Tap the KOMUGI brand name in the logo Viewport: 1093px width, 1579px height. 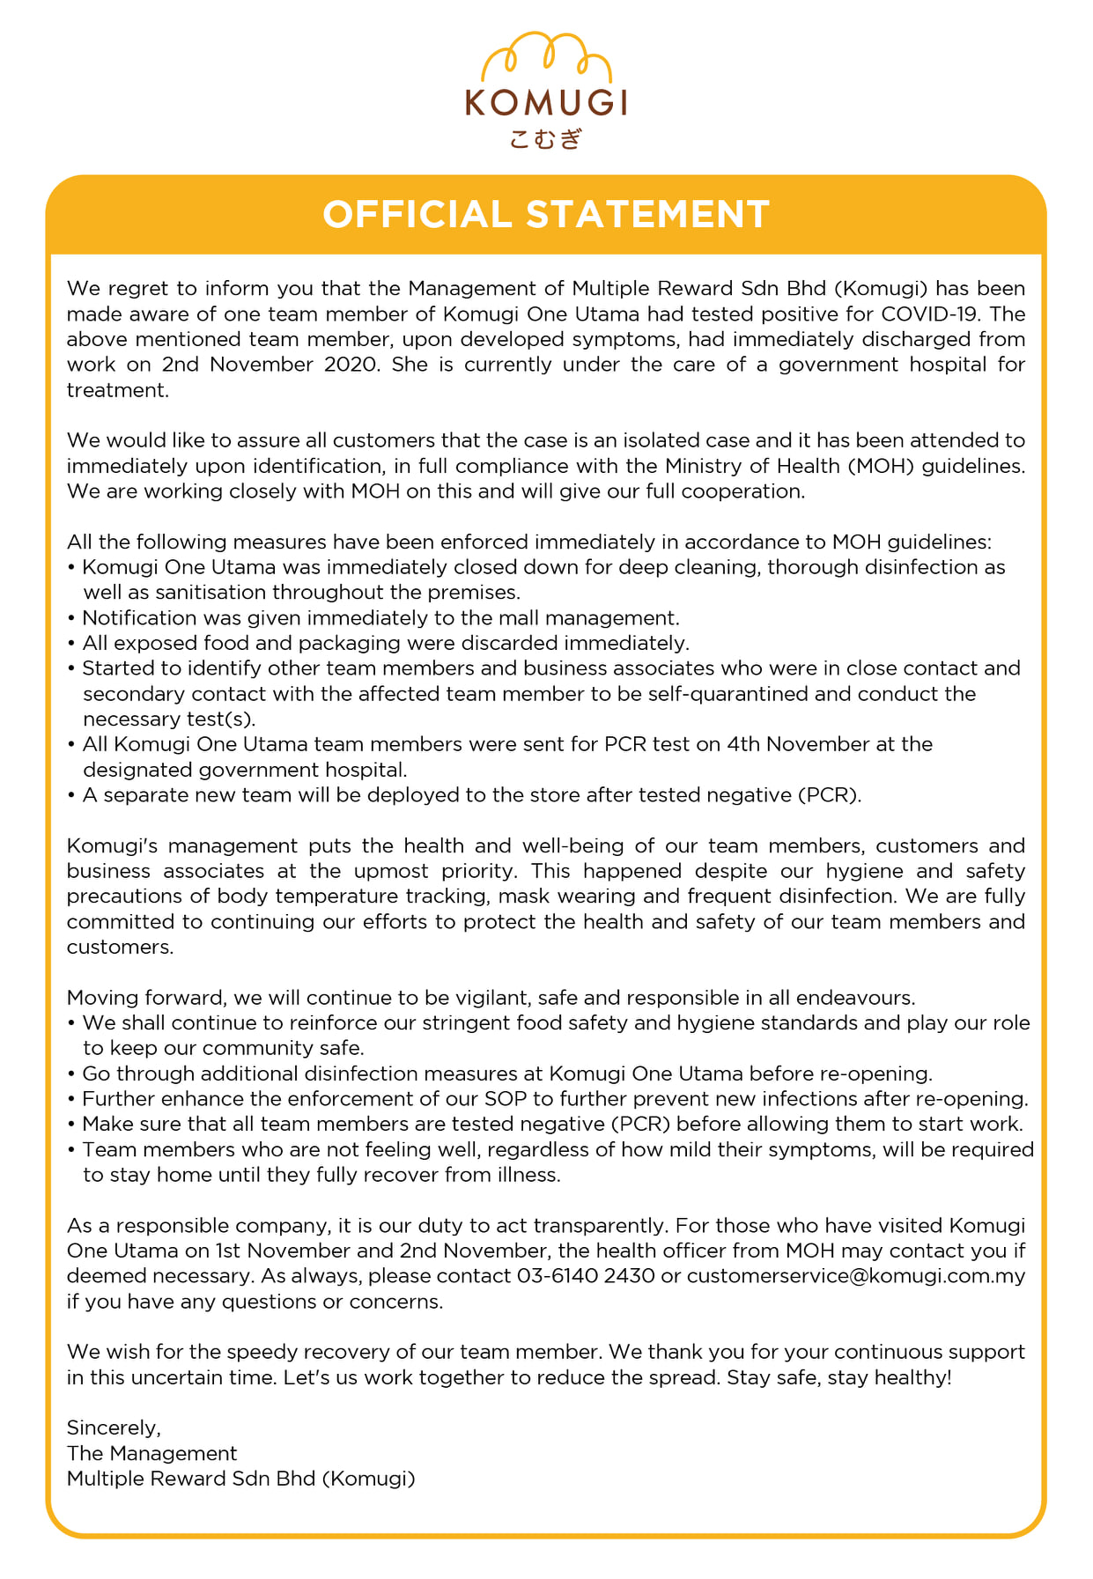pyautogui.click(x=546, y=104)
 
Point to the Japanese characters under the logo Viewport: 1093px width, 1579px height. pyautogui.click(x=546, y=138)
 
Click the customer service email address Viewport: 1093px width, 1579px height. pyautogui.click(x=856, y=1276)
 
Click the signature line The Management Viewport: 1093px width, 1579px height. pyautogui.click(x=152, y=1453)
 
